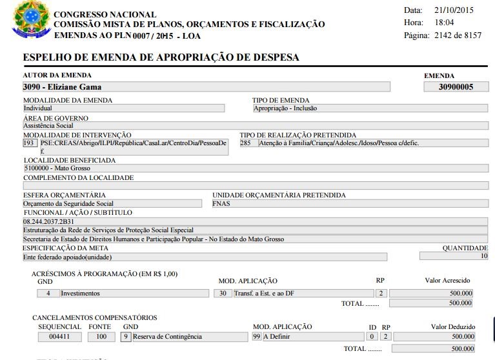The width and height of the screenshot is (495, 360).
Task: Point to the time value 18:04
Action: click(445, 23)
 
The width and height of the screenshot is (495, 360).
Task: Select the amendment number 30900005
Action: click(455, 86)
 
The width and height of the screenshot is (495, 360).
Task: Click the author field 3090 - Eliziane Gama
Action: click(62, 86)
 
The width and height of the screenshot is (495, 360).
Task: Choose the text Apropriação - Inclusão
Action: click(286, 108)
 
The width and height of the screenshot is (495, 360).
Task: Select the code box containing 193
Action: click(29, 143)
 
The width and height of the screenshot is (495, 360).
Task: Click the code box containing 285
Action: click(246, 143)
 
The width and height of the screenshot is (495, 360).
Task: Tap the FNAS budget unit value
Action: click(221, 203)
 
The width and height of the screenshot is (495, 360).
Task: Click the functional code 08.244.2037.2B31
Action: click(48, 221)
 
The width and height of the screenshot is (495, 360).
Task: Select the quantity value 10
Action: click(483, 256)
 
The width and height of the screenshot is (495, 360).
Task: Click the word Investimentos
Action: click(81, 293)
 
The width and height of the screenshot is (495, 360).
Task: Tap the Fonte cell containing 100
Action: click(101, 336)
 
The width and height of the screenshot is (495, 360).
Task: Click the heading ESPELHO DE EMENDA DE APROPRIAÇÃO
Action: click(161, 57)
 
